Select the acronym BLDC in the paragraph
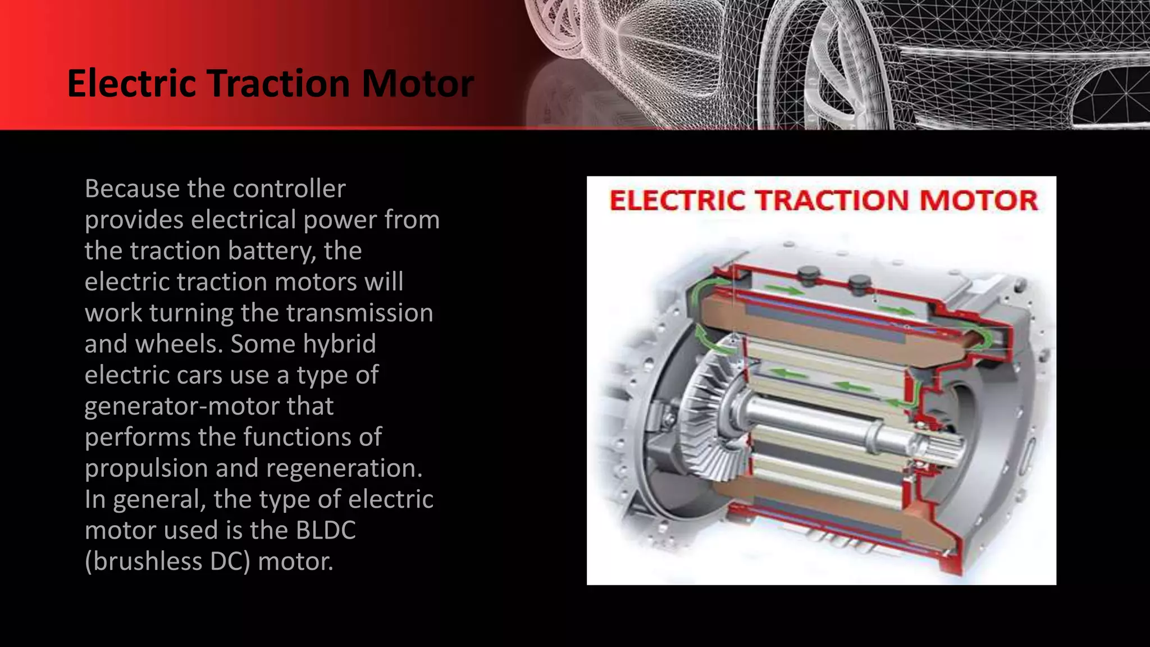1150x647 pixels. point(326,530)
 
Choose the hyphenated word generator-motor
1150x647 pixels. point(209,406)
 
